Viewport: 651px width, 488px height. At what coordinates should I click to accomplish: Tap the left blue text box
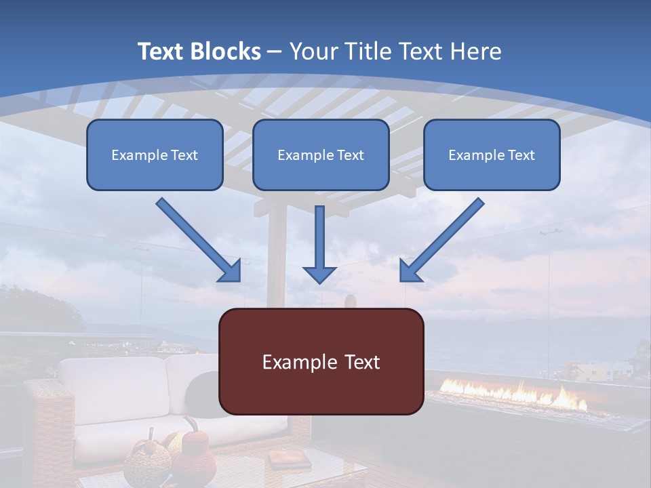pos(155,155)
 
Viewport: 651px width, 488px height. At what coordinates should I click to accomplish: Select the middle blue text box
pos(321,155)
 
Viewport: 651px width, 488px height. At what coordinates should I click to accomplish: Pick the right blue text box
pos(492,155)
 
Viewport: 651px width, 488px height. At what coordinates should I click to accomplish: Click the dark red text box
pos(321,362)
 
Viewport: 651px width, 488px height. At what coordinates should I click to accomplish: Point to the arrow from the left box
pos(198,240)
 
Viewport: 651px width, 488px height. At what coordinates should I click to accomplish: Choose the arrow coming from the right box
pos(442,240)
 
